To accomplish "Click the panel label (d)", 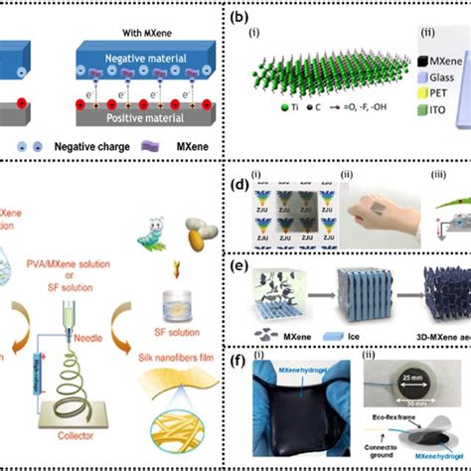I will (x=239, y=183).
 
